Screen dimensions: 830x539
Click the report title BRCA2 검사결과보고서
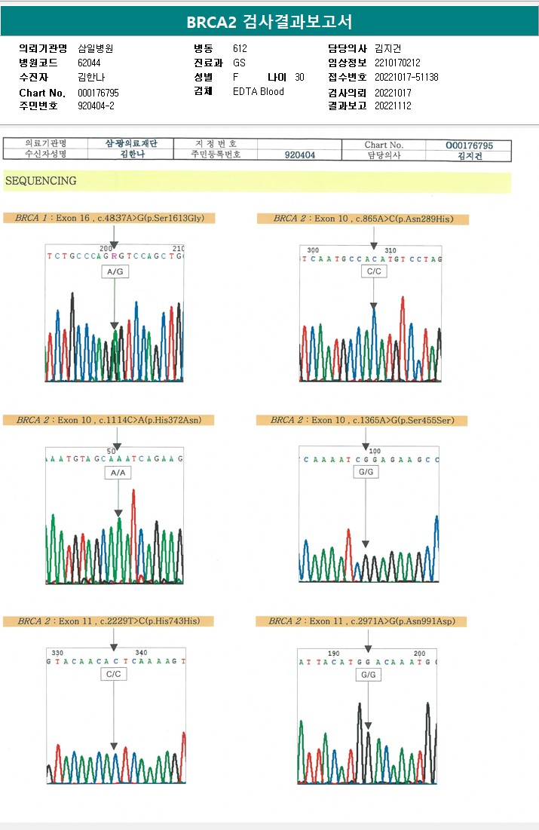pyautogui.click(x=269, y=22)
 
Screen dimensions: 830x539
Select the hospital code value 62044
pyautogui.click(x=89, y=63)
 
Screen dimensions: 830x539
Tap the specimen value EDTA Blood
pyautogui.click(x=259, y=91)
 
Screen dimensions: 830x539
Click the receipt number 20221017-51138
pyautogui.click(x=406, y=77)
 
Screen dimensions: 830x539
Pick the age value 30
pyautogui.click(x=299, y=77)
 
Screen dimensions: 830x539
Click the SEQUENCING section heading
pyautogui.click(x=40, y=181)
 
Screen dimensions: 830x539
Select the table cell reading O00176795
pyautogui.click(x=469, y=145)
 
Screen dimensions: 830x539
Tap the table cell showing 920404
pyautogui.click(x=300, y=155)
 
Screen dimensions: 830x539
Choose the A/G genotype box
pyautogui.click(x=115, y=271)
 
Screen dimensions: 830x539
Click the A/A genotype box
pyautogui.click(x=118, y=472)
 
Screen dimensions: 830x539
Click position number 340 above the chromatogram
pyautogui.click(x=141, y=652)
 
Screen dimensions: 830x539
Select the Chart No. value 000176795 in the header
pyautogui.click(x=98, y=92)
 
